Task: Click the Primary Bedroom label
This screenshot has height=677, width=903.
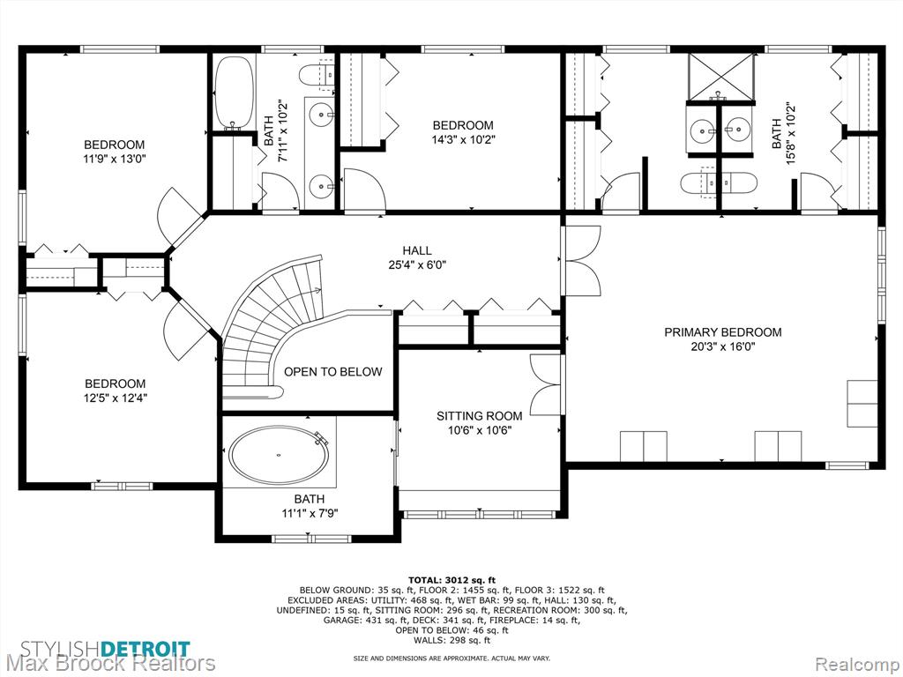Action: click(x=723, y=332)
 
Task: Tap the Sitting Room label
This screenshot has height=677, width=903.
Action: click(x=479, y=416)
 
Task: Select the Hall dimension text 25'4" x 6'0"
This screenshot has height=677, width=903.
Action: click(x=417, y=264)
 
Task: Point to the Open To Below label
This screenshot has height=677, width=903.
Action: click(x=332, y=372)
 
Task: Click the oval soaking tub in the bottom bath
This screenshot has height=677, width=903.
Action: click(x=280, y=455)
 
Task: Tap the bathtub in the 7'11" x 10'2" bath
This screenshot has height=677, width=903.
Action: click(x=233, y=93)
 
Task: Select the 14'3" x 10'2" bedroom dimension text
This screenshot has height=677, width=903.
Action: click(x=463, y=139)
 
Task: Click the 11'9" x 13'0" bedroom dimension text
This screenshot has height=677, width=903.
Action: click(x=115, y=159)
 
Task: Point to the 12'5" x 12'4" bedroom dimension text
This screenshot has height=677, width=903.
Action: click(x=116, y=398)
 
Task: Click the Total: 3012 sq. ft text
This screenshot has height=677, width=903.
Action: click(x=451, y=580)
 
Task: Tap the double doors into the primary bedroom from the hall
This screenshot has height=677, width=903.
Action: click(x=583, y=260)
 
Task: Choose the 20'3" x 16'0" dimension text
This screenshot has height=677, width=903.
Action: click(x=723, y=346)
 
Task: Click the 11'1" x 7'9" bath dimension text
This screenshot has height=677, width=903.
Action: click(x=309, y=513)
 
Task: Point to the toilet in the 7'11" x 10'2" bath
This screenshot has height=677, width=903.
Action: click(x=317, y=74)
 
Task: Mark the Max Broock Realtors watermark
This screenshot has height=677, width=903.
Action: click(x=108, y=664)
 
